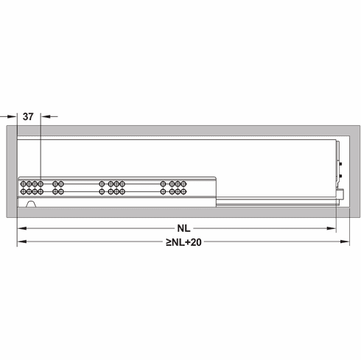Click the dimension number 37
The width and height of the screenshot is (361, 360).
(x=28, y=116)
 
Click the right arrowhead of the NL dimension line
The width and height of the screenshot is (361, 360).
(x=334, y=229)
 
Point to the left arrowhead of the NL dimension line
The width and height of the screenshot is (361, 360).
(x=21, y=229)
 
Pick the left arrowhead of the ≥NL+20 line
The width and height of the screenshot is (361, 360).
(x=21, y=241)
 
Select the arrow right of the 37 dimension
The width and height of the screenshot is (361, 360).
(x=45, y=116)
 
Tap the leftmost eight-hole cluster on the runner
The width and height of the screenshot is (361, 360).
(x=32, y=186)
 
